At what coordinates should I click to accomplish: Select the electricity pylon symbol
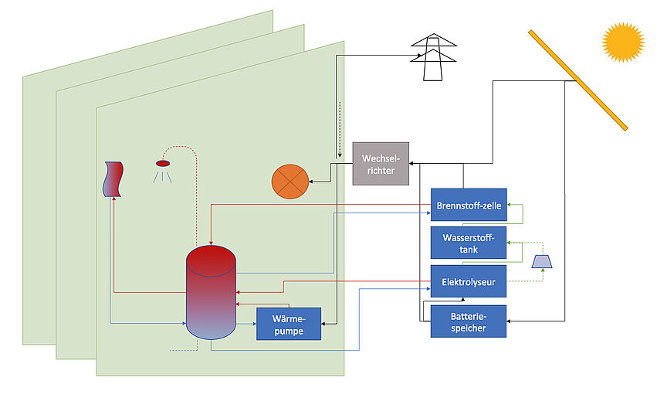(x=433, y=57)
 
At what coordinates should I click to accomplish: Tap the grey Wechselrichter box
(x=381, y=163)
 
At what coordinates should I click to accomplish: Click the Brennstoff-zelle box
(x=468, y=204)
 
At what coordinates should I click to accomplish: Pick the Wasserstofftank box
(x=468, y=243)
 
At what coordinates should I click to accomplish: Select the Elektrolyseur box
(x=468, y=281)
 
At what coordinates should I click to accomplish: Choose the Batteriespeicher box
(x=468, y=321)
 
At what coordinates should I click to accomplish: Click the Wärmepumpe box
(x=288, y=324)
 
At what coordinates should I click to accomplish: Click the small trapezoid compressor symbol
(x=543, y=261)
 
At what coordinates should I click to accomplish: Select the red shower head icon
(x=163, y=163)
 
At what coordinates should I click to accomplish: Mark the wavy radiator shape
(x=113, y=179)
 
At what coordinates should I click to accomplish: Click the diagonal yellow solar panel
(x=577, y=80)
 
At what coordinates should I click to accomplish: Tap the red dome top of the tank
(x=211, y=259)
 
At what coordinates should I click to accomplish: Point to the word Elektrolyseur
(x=468, y=281)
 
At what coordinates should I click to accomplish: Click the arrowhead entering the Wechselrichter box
(x=411, y=163)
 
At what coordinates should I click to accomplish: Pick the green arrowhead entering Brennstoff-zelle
(x=510, y=204)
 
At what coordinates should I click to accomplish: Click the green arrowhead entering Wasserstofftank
(x=510, y=243)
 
